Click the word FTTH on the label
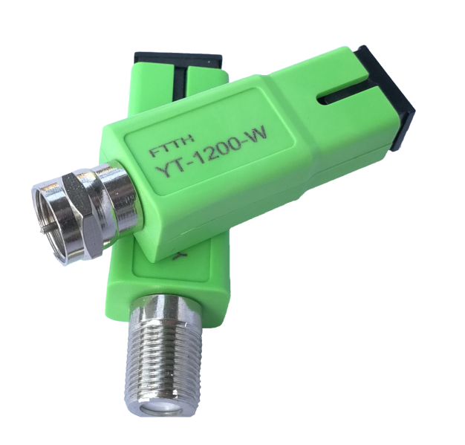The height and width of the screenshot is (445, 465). coord(172,146)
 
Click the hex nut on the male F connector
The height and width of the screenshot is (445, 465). coord(79,217)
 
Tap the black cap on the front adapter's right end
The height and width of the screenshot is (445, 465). coord(389,98)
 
